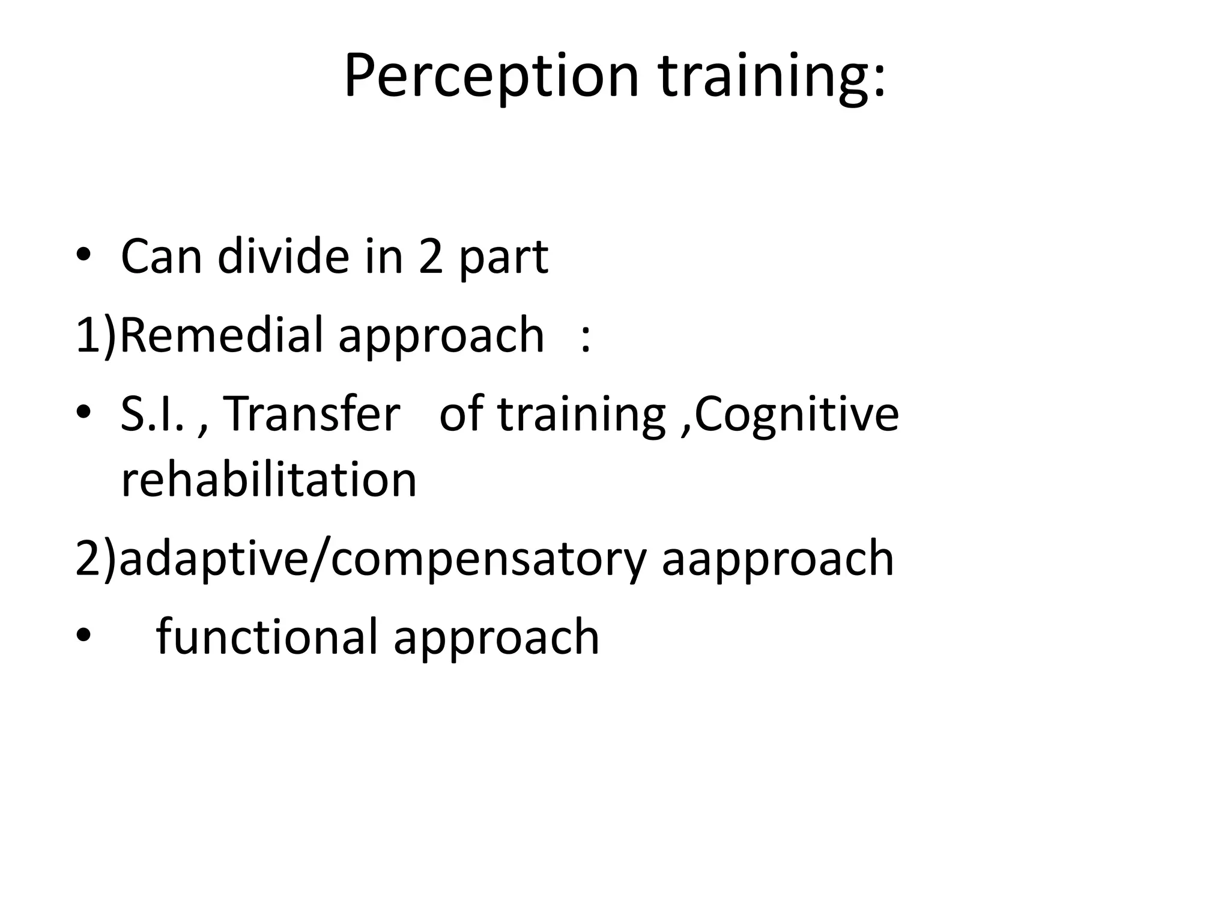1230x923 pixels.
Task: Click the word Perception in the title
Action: click(491, 76)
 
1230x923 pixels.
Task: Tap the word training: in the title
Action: click(772, 76)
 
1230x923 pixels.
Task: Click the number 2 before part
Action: click(430, 257)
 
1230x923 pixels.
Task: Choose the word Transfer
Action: click(311, 414)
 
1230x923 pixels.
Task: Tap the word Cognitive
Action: click(798, 414)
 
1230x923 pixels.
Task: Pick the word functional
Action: click(267, 637)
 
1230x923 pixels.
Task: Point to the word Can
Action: click(161, 257)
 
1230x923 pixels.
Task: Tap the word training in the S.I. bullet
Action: click(582, 414)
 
